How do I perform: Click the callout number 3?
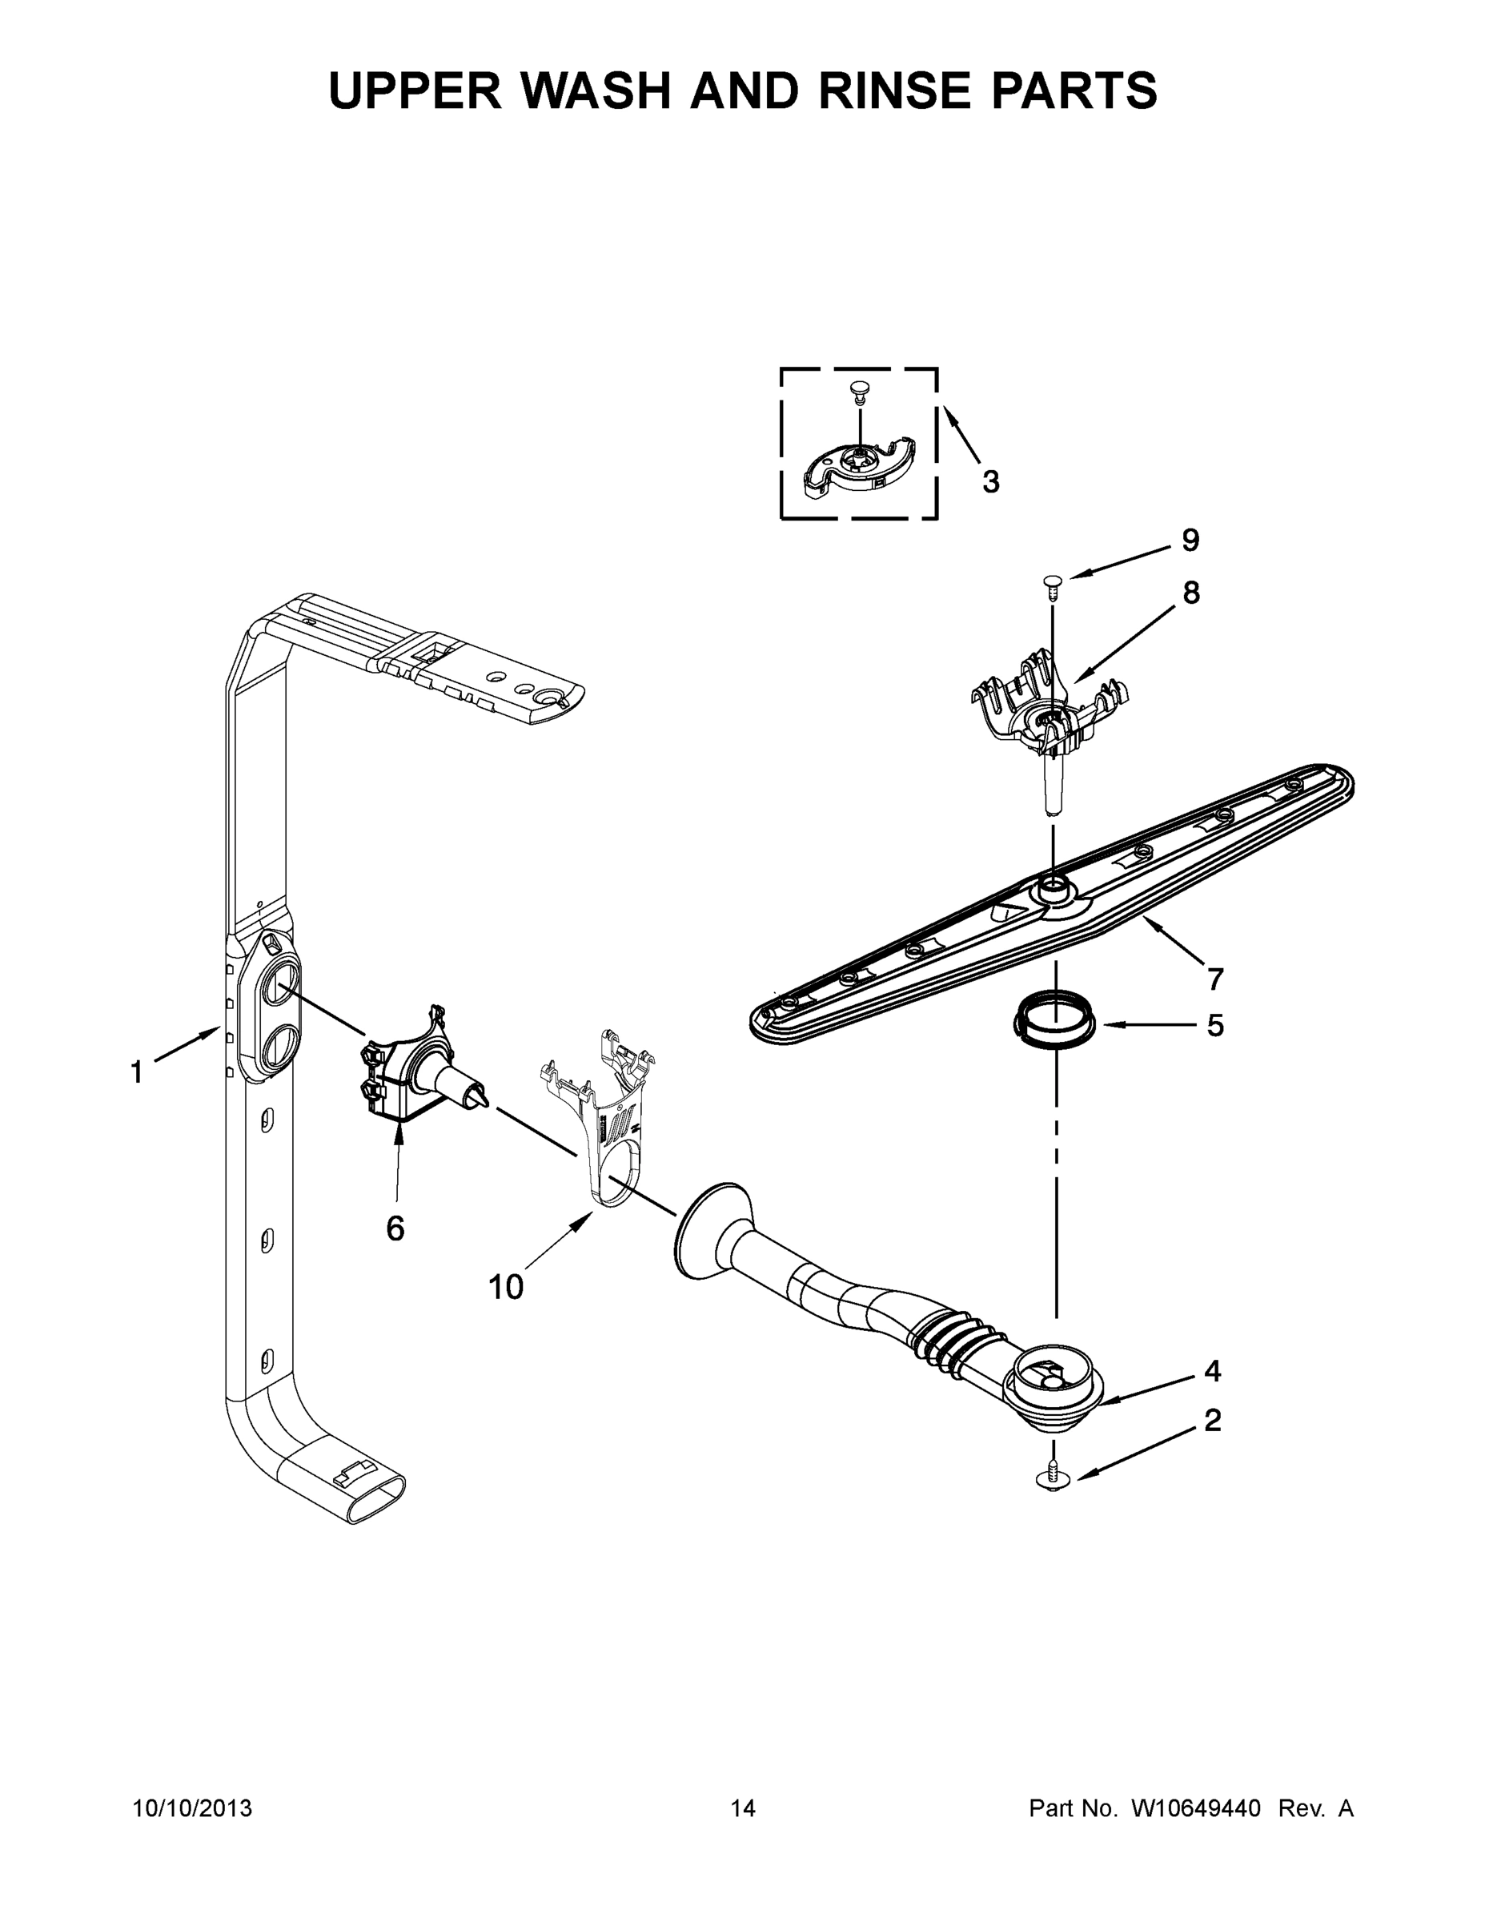pyautogui.click(x=990, y=481)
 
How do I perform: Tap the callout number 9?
pyautogui.click(x=1190, y=540)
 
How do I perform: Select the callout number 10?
pyautogui.click(x=506, y=1288)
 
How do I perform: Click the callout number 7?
pyautogui.click(x=1216, y=979)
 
